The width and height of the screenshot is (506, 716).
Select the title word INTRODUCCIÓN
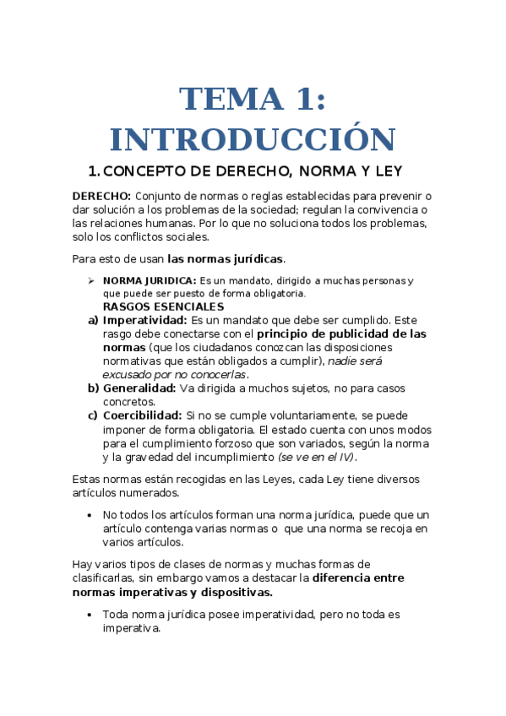tap(253, 139)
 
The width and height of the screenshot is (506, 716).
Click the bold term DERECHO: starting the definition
tap(102, 196)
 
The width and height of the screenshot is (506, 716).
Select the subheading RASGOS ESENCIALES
tap(163, 306)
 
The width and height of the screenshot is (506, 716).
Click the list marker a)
tap(93, 321)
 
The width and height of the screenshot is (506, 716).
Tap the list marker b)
tap(93, 388)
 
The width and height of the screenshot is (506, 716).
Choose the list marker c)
tap(93, 416)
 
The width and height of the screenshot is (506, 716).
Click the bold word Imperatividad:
tap(144, 321)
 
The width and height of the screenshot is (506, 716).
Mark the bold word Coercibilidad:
tap(142, 416)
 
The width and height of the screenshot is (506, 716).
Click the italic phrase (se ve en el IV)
tap(317, 458)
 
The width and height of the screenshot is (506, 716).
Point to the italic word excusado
tap(128, 374)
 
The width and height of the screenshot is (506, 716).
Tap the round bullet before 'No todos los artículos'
tap(90, 515)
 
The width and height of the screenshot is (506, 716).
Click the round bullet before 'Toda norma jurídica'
tap(90, 616)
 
